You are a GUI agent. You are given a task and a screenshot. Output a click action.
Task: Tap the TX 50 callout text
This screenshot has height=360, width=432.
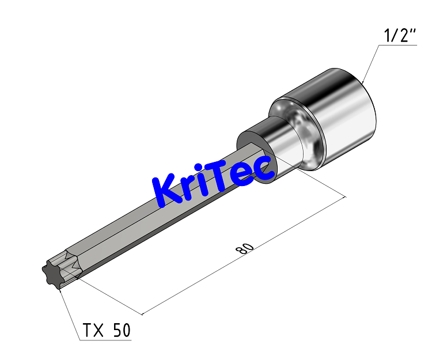tap(107, 330)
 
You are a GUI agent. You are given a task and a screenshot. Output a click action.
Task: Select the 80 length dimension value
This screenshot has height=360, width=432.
tap(245, 248)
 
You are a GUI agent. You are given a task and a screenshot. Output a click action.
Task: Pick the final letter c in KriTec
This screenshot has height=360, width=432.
tap(264, 170)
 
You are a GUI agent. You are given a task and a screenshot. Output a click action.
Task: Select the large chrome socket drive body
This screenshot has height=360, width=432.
tap(340, 115)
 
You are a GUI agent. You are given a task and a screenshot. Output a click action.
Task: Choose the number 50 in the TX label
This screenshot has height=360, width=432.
tap(121, 330)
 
